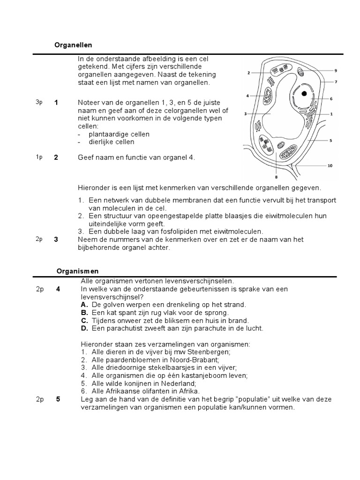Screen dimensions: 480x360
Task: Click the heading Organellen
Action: tap(74, 45)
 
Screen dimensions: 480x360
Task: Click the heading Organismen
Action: tap(77, 271)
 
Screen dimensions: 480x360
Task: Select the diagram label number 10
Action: tap(330, 165)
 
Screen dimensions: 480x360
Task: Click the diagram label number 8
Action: tap(276, 177)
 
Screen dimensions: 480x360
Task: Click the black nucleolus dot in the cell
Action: tap(304, 93)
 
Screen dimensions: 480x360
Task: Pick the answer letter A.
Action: tap(84, 304)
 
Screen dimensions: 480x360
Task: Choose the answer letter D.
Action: tap(84, 328)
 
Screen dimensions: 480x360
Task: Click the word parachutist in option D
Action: tap(124, 328)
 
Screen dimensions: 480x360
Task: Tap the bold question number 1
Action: tap(56, 103)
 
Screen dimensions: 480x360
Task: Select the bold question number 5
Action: tap(58, 399)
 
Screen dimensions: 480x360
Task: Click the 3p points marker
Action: tap(39, 103)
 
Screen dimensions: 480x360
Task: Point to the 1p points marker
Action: tap(39, 157)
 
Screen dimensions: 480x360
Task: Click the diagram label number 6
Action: tap(331, 99)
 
